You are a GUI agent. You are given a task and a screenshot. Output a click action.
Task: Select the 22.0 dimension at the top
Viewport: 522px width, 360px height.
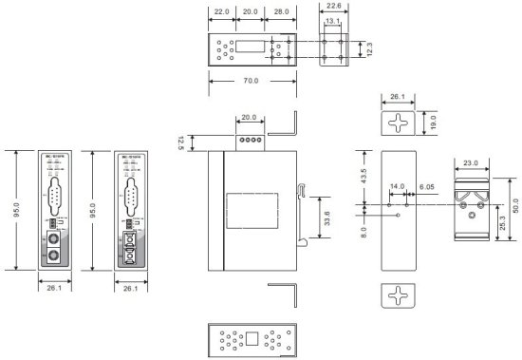point(221,10)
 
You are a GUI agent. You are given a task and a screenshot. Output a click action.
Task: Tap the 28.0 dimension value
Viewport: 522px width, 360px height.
point(281,10)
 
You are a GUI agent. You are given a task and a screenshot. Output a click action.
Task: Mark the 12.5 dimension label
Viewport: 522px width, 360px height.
point(180,142)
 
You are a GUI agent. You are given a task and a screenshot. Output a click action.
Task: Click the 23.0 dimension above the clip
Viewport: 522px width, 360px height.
point(472,162)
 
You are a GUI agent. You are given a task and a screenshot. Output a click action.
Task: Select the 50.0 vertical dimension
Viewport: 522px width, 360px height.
point(514,205)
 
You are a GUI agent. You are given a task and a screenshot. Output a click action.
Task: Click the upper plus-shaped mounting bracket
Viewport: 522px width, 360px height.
point(399,121)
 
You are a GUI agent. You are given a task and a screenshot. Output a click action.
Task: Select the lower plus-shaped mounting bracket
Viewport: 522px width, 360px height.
point(399,295)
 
